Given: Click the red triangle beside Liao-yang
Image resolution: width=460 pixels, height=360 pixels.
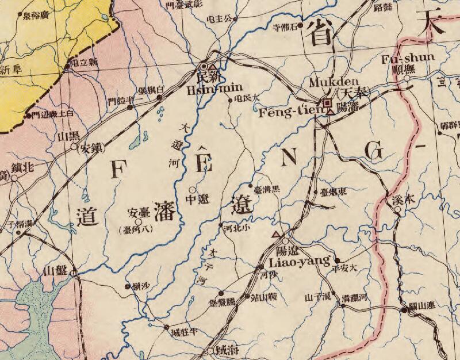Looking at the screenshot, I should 277,235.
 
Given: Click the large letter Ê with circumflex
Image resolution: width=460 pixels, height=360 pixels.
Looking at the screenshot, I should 204,160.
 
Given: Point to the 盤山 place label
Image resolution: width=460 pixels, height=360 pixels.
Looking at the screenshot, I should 59,271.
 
